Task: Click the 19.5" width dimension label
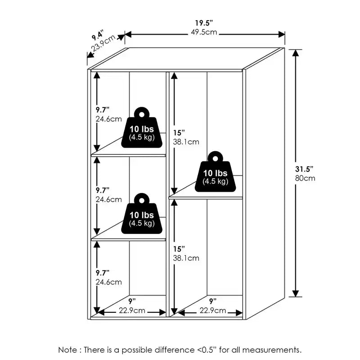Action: (x=204, y=23)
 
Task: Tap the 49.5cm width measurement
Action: (x=204, y=32)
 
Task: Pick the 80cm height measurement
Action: (x=305, y=178)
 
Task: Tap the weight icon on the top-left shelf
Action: (x=142, y=127)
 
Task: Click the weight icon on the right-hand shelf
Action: (x=215, y=171)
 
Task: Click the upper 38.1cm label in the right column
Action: (x=186, y=142)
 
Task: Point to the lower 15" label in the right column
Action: (x=179, y=249)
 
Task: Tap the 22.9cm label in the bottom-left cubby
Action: (x=132, y=310)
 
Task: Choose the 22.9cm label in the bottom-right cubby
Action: (x=213, y=310)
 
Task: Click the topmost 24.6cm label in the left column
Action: (x=108, y=119)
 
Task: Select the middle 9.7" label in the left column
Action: (x=103, y=190)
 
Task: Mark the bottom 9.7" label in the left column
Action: (x=103, y=273)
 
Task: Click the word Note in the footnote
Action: (x=67, y=350)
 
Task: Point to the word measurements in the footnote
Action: (x=272, y=350)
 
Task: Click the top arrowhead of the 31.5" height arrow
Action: (x=296, y=53)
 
